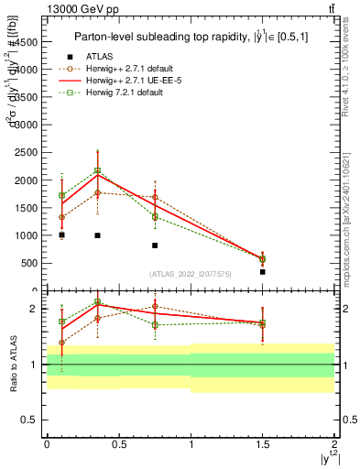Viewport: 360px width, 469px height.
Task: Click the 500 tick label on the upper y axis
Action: pyautogui.click(x=30, y=263)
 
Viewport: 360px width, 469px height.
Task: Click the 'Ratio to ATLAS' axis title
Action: pyautogui.click(x=13, y=364)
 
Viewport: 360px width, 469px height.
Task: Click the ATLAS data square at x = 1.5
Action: pyautogui.click(x=262, y=271)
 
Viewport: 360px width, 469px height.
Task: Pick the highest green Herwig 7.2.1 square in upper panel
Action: pyautogui.click(x=97, y=170)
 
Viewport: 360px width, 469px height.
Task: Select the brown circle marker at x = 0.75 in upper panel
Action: pyautogui.click(x=155, y=197)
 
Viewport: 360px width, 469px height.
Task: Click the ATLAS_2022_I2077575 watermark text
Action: pyautogui.click(x=190, y=273)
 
